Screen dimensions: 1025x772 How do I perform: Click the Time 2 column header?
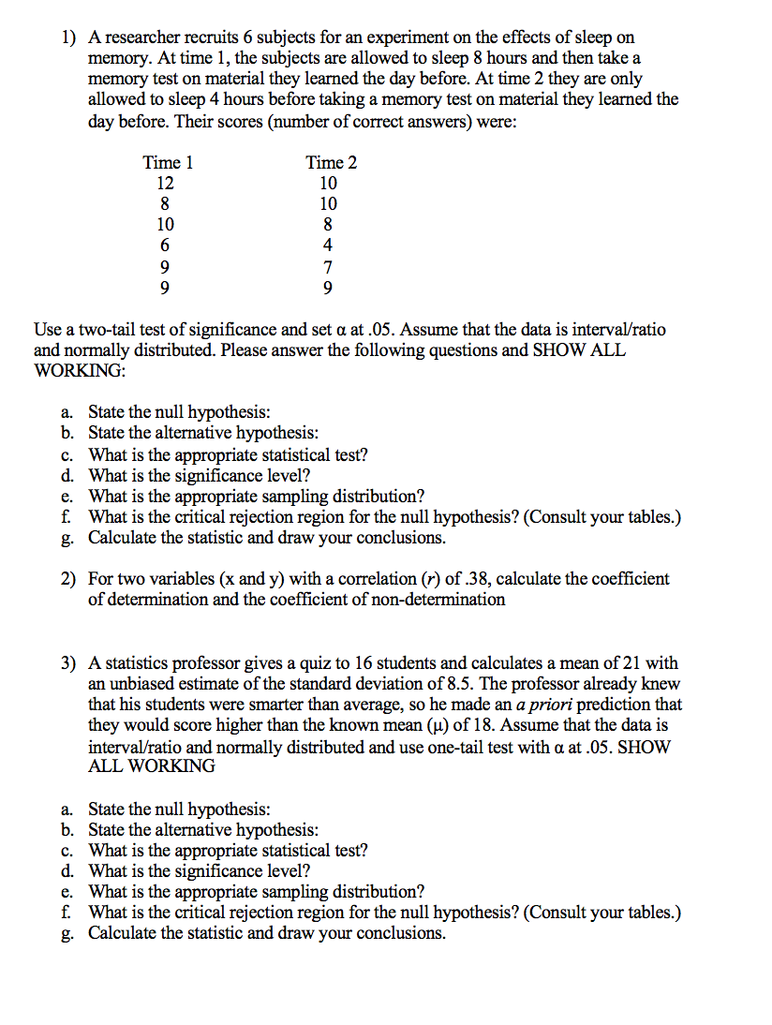tap(331, 162)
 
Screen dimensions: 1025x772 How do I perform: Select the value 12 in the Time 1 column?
tap(165, 183)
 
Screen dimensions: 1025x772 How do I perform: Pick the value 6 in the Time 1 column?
tap(165, 245)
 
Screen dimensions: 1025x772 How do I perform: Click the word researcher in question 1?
tap(144, 37)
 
